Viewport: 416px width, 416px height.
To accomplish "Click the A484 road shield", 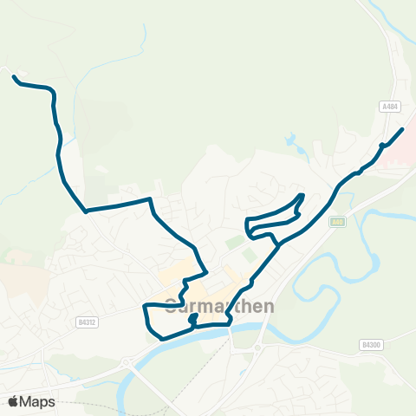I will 389,106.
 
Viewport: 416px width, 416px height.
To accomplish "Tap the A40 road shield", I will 337,222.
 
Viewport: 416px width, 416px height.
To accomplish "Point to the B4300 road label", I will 370,345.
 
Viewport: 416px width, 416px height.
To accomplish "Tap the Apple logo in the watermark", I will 14,401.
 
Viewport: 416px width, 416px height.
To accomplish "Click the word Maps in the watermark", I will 37,401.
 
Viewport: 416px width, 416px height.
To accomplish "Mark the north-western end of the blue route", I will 15,77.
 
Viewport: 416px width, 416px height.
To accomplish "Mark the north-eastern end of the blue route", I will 402,129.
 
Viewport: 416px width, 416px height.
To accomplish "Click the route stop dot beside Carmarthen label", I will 192,318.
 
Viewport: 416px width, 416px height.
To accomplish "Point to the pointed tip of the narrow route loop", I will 302,195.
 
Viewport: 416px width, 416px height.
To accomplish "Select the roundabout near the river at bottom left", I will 128,362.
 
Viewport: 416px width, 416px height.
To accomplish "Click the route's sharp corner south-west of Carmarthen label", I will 145,306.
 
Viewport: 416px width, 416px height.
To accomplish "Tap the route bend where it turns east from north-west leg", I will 86,211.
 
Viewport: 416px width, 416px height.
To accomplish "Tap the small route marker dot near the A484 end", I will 381,145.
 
